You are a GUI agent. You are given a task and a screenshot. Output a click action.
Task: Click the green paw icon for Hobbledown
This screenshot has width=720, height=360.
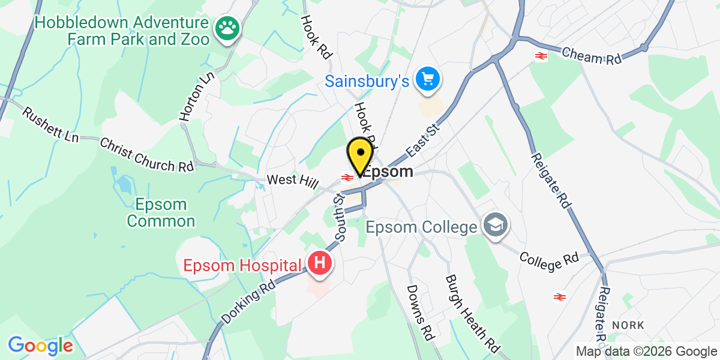tap(227, 27)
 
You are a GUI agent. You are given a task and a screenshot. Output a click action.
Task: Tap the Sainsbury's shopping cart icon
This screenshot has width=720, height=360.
tap(428, 79)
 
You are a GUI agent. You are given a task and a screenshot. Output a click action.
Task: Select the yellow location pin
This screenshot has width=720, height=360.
tap(359, 155)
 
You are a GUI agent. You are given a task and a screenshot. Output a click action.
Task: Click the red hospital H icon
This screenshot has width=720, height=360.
tap(320, 263)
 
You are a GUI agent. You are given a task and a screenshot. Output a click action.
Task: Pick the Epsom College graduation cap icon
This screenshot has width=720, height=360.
tap(496, 226)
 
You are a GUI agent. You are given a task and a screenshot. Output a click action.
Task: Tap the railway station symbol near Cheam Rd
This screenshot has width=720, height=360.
tap(541, 56)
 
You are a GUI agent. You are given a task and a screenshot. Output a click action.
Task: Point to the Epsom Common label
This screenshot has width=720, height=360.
tap(161, 212)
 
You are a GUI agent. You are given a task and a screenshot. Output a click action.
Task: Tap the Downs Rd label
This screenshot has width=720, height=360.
tap(419, 311)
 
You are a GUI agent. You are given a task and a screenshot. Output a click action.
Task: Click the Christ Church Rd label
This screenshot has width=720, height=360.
tap(147, 155)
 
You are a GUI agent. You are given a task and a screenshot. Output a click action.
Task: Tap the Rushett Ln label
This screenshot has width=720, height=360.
tap(50, 125)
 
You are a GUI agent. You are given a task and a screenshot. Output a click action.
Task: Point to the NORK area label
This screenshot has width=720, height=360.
tap(628, 325)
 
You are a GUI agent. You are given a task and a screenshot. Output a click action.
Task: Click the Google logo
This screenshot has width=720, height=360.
tap(40, 346)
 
